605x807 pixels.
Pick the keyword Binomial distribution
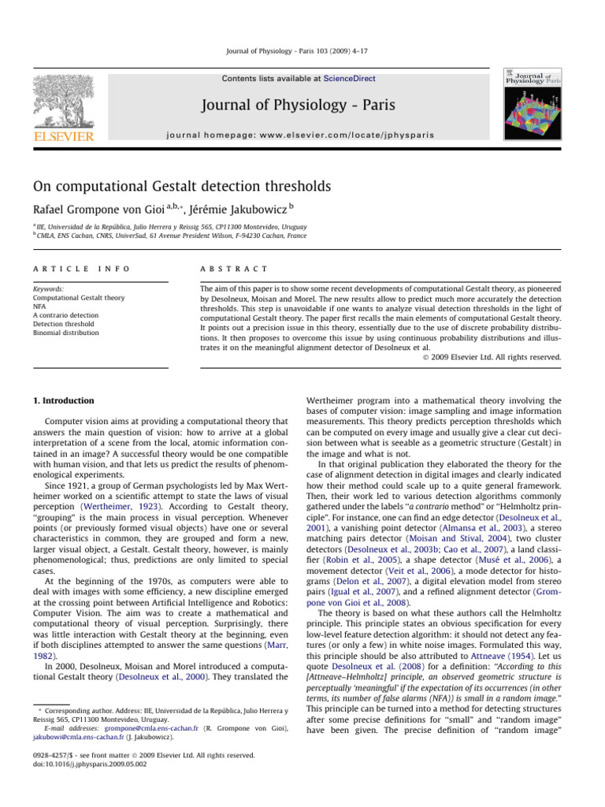pyautogui.click(x=66, y=333)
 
